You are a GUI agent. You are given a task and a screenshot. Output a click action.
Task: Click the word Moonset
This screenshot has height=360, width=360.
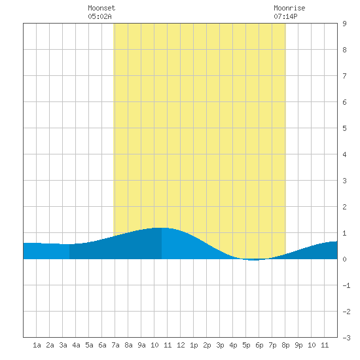(x=101, y=8)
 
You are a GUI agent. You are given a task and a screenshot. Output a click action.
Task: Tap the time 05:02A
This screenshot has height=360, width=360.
(x=99, y=16)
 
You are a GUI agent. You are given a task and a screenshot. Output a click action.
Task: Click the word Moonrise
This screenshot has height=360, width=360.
(x=289, y=8)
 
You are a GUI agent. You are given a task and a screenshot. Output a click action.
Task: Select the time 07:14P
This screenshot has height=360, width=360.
(x=285, y=16)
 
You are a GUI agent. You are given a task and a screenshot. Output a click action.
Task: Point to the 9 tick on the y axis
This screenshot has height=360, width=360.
(x=344, y=24)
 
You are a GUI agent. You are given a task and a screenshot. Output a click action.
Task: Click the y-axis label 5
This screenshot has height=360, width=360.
(x=344, y=128)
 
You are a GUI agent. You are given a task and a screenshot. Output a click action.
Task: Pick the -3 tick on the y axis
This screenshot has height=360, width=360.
(x=346, y=338)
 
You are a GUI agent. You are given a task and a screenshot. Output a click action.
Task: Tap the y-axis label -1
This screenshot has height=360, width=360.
(x=346, y=285)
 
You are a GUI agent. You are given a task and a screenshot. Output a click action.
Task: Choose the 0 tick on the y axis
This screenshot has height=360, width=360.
(x=344, y=259)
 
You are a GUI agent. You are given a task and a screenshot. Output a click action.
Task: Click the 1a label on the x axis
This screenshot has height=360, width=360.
(x=37, y=345)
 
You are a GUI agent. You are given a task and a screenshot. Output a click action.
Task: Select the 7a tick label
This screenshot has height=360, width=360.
(x=115, y=345)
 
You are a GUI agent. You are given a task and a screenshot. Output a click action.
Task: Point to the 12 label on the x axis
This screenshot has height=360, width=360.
(x=181, y=345)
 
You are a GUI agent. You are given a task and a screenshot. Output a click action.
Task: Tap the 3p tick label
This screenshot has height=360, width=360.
(x=220, y=345)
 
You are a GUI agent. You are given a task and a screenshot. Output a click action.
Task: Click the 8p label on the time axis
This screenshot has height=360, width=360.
(x=285, y=345)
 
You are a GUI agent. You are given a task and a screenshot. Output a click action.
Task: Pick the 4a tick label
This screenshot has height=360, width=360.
(x=76, y=345)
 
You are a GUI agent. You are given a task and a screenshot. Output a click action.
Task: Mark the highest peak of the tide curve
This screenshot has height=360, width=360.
(x=162, y=228)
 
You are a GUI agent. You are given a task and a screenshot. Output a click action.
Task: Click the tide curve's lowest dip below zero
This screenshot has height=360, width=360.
(x=254, y=260)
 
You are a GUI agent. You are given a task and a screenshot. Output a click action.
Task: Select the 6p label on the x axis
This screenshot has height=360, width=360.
(x=259, y=345)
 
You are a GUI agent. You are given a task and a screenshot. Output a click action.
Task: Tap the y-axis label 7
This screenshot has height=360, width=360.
(x=344, y=76)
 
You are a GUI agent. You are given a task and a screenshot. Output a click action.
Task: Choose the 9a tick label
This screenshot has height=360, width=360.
(x=141, y=345)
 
